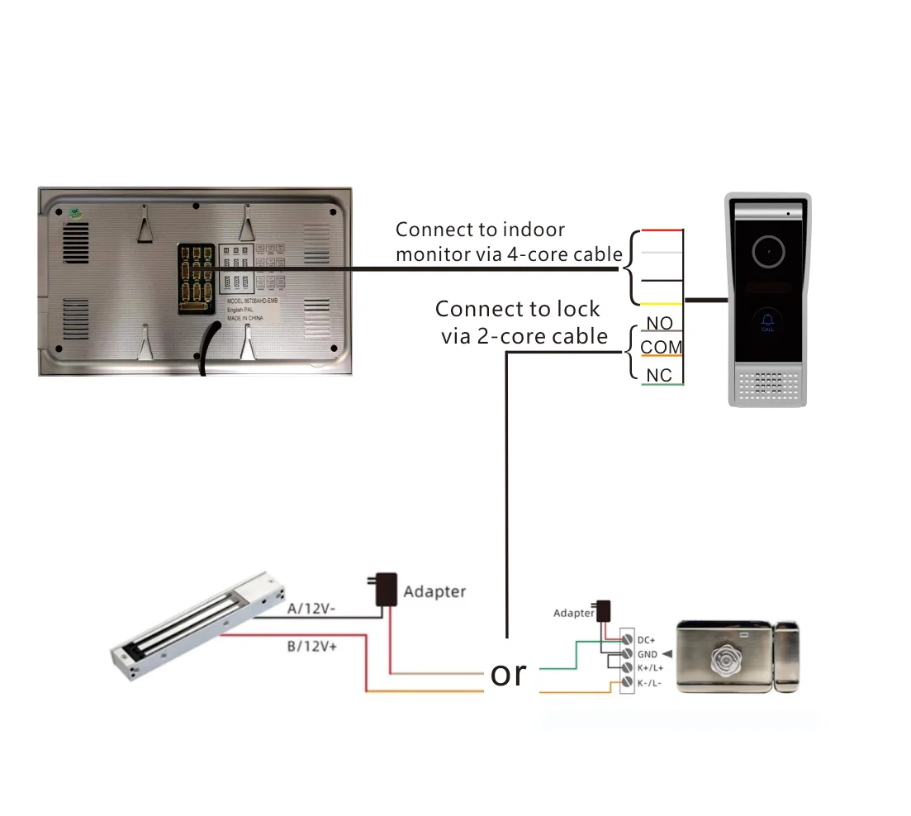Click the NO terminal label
click(x=659, y=323)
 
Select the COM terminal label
click(x=662, y=348)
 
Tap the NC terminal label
click(x=659, y=375)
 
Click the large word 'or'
click(x=508, y=673)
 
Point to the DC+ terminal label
click(x=646, y=640)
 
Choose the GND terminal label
click(x=647, y=654)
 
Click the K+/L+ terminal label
click(x=650, y=667)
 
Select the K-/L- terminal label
click(x=648, y=682)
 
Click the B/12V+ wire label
click(x=312, y=647)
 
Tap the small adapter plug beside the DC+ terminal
click(x=604, y=612)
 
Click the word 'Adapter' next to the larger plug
click(x=434, y=591)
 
